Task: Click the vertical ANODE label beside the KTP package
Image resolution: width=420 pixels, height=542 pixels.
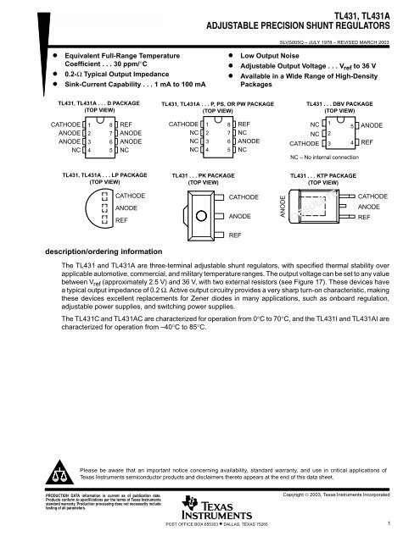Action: [x=283, y=208]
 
